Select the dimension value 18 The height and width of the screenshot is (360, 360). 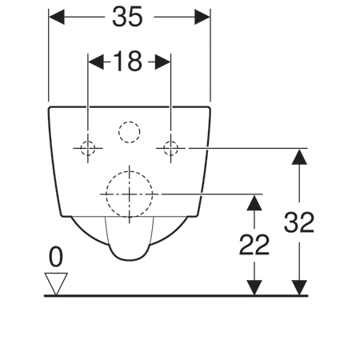tap(128, 62)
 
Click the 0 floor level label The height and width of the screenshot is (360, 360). tap(55, 258)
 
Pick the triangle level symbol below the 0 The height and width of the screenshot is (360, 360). tap(56, 282)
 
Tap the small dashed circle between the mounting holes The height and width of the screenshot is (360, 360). tap(128, 131)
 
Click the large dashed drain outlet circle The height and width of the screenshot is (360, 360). tap(128, 193)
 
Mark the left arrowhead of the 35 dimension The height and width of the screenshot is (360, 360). tap(56, 17)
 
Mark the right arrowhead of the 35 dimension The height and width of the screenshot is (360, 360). tap(203, 17)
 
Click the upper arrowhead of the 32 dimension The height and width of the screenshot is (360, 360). tap(299, 156)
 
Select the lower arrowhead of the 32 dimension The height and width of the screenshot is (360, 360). tap(299, 287)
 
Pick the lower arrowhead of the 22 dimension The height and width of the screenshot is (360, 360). tap(254, 287)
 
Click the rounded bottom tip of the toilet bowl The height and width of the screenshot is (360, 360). tap(128, 258)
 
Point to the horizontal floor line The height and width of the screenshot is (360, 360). tap(176, 295)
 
